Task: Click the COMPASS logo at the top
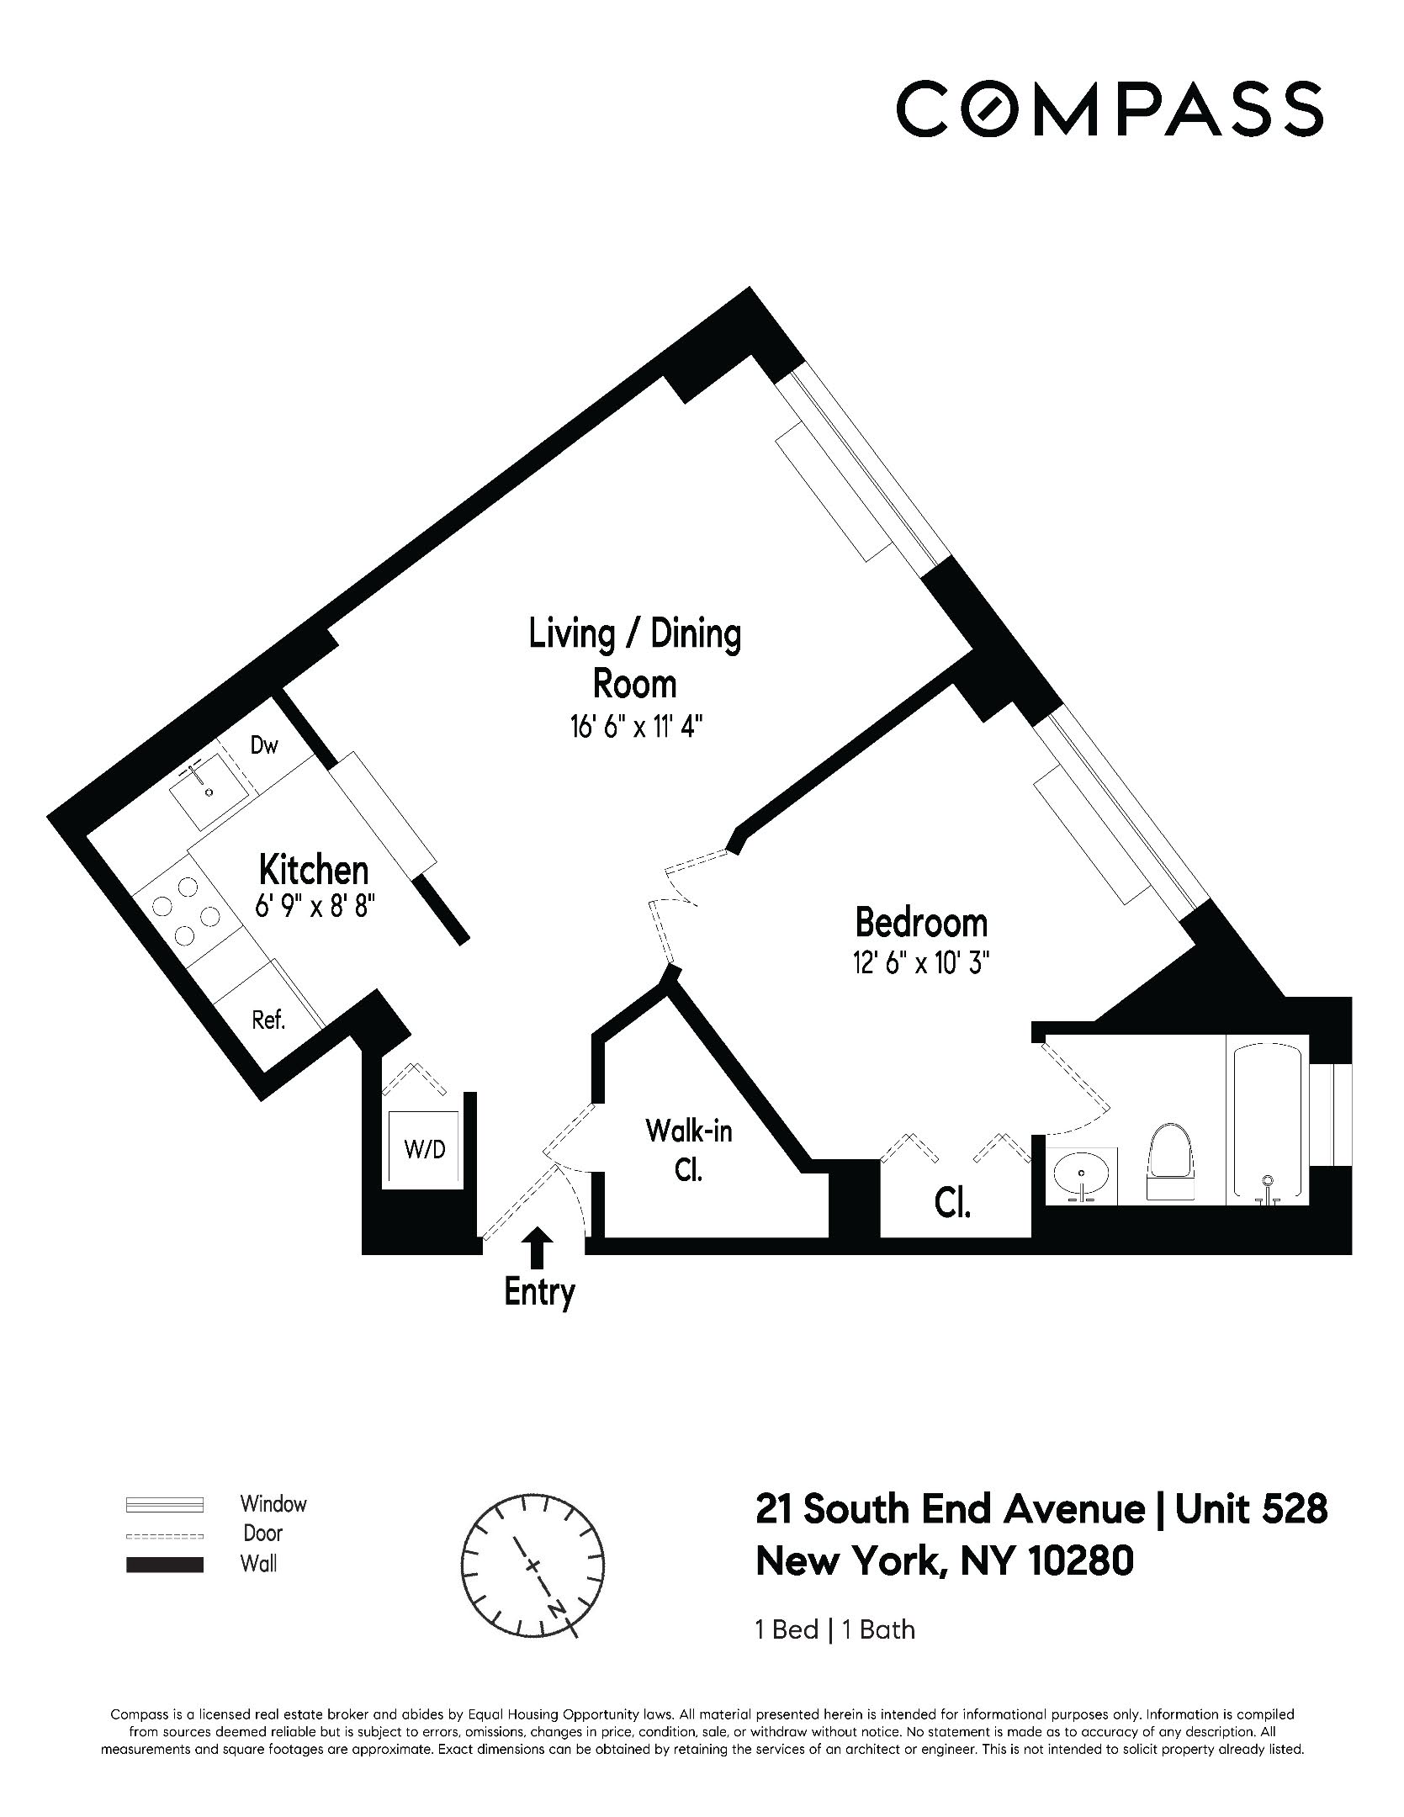1109,108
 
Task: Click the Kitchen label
313,869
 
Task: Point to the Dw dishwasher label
264,745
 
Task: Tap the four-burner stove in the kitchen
188,911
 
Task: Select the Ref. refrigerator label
269,1020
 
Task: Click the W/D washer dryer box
424,1149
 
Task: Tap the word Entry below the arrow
539,1292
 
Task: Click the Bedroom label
920,923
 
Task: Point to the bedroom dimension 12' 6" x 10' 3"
920,963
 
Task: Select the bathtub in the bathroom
1267,1122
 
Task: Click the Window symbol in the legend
165,1503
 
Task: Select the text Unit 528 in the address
1251,1509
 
